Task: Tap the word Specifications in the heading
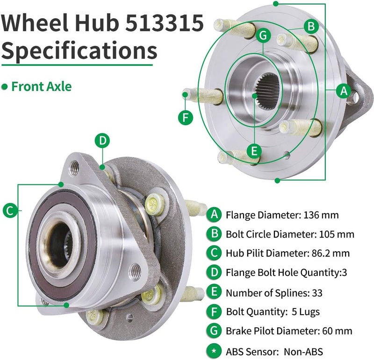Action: coord(79,51)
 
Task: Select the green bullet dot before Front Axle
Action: coord(5,86)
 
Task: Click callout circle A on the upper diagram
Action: coord(344,91)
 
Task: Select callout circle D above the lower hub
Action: coord(103,140)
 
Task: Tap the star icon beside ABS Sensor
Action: coord(214,351)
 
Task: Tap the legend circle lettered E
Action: coord(214,293)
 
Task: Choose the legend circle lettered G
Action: coord(214,331)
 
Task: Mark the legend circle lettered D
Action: coord(214,273)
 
